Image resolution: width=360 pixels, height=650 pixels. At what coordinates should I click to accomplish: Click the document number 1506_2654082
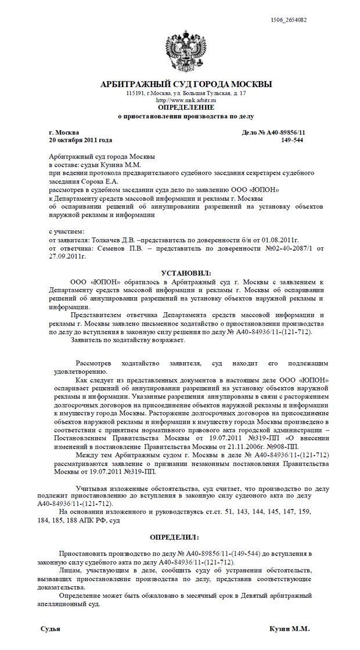pos(289,20)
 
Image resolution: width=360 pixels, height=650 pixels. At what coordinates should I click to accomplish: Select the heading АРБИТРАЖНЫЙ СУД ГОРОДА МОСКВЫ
pos(186,85)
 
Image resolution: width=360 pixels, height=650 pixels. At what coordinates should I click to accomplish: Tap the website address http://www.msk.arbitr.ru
pos(186,100)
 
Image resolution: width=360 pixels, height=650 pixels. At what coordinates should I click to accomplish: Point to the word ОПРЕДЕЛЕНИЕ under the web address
pos(186,107)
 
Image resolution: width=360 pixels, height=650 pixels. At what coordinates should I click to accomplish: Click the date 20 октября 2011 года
pos(81,140)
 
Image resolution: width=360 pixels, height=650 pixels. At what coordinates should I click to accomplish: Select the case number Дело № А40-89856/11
pos(273,133)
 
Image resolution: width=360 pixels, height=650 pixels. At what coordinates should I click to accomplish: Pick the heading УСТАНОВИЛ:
pos(186,273)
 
